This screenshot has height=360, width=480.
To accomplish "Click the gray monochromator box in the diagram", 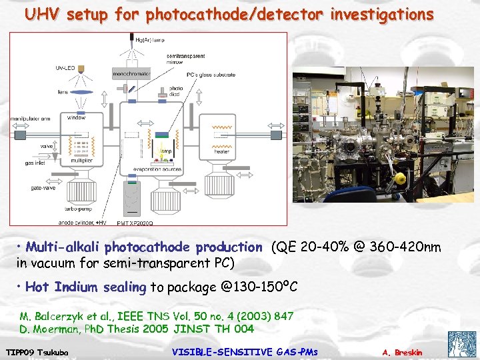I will (130, 73).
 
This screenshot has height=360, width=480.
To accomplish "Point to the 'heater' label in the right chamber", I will (222, 152).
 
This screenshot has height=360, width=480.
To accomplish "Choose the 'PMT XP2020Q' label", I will (135, 223).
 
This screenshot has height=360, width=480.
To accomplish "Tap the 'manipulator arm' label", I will (31, 119).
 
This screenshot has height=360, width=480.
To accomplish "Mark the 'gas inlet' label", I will (35, 163).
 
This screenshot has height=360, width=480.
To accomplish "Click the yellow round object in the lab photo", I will (400, 179).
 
